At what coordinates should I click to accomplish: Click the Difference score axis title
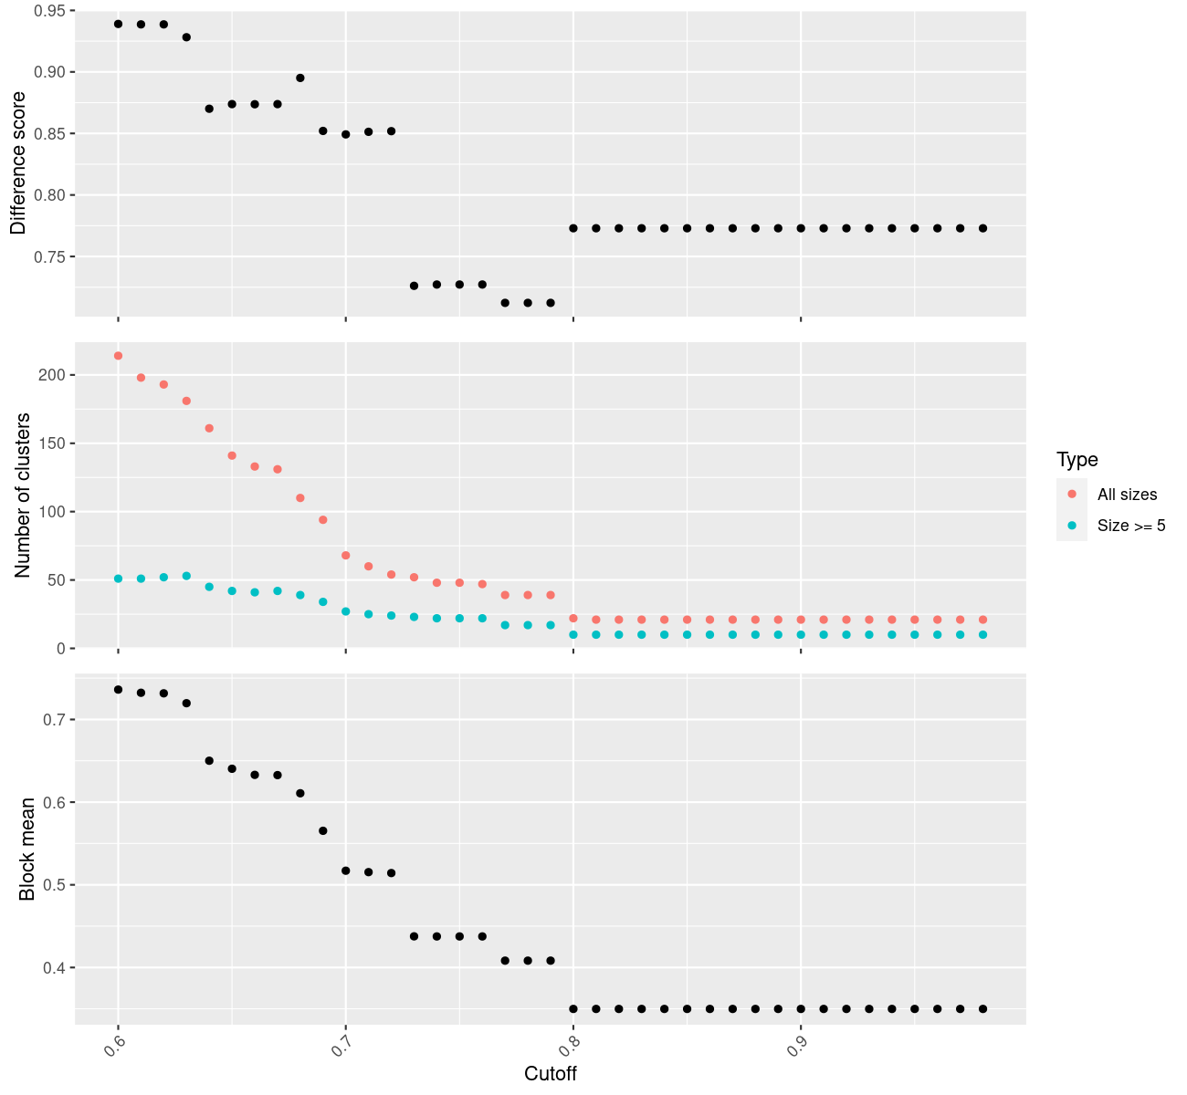pyautogui.click(x=18, y=163)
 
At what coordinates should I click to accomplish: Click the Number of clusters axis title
pyautogui.click(x=23, y=495)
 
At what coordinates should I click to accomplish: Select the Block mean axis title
pyautogui.click(x=27, y=849)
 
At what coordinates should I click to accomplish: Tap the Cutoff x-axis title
pyautogui.click(x=550, y=1073)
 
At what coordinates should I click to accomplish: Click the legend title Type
pyautogui.click(x=1077, y=460)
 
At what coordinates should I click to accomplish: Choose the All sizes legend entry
pyautogui.click(x=1127, y=495)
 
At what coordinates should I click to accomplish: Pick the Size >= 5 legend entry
pyautogui.click(x=1131, y=526)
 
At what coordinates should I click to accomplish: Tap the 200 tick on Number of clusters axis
pyautogui.click(x=52, y=375)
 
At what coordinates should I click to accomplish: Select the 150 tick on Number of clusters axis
pyautogui.click(x=52, y=443)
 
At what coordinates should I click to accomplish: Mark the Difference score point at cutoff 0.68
pyautogui.click(x=300, y=78)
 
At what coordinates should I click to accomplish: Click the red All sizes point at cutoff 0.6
pyautogui.click(x=118, y=356)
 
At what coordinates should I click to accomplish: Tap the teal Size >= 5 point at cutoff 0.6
pyautogui.click(x=118, y=579)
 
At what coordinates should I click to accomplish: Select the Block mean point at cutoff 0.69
pyautogui.click(x=323, y=830)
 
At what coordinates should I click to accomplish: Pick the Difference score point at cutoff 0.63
pyautogui.click(x=186, y=37)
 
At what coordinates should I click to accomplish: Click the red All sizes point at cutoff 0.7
pyautogui.click(x=346, y=556)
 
